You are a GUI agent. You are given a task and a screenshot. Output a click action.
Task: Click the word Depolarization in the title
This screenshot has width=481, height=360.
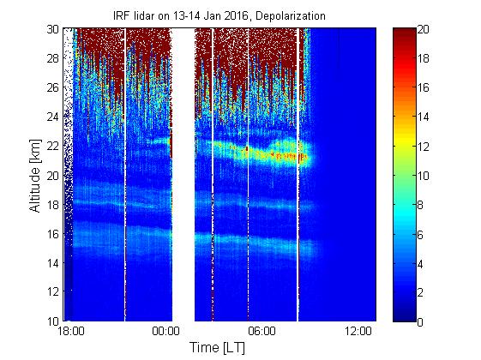[x=290, y=16]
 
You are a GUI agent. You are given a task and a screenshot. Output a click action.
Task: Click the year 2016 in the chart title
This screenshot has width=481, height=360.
[x=236, y=15]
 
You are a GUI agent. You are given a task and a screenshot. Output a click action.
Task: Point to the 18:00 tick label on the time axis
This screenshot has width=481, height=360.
[x=71, y=332]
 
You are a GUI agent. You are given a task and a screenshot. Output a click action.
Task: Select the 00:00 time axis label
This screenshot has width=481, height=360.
[x=165, y=332]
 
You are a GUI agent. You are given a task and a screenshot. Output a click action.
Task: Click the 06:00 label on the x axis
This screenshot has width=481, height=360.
[x=262, y=332]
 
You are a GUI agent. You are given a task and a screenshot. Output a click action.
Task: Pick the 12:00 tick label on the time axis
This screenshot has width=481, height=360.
[x=358, y=332]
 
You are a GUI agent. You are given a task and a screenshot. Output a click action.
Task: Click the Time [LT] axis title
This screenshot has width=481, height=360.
[x=218, y=348]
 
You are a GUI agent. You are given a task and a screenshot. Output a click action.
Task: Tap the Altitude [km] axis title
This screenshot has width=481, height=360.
[x=35, y=176]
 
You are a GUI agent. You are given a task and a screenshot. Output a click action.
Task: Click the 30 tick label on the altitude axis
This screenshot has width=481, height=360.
[x=53, y=29]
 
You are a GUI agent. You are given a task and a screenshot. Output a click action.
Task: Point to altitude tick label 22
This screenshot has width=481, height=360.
[x=53, y=146]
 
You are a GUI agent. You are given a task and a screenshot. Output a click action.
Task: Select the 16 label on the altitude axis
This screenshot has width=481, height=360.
[x=53, y=234]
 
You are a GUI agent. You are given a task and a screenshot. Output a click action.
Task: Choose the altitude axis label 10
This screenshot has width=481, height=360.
[x=53, y=321]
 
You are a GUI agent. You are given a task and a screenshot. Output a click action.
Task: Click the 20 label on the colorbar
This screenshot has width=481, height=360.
[x=423, y=29]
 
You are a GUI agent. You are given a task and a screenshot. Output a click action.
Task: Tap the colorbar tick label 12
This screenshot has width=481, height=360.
[x=423, y=147]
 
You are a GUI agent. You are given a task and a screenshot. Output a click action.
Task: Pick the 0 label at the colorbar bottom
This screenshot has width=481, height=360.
[x=420, y=322]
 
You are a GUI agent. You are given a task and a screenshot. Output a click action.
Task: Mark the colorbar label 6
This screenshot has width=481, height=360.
[x=420, y=235]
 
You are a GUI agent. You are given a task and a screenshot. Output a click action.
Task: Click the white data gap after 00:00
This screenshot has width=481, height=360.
[x=183, y=175]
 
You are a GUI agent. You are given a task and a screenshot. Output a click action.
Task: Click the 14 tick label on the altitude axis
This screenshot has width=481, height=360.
[x=53, y=263]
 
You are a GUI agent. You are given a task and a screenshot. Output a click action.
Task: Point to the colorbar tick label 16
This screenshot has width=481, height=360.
[x=423, y=88]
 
